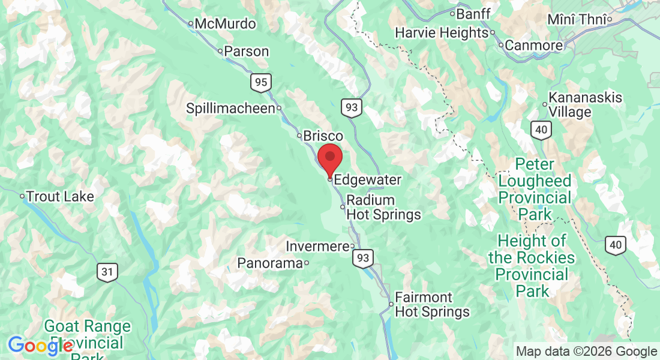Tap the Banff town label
tap(473, 13)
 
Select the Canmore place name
tap(533, 45)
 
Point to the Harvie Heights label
tap(441, 32)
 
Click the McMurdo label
tap(225, 24)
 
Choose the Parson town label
tap(247, 52)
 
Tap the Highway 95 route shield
tap(261, 82)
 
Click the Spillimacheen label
tap(230, 109)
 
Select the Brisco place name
tap(323, 136)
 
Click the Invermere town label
tap(317, 246)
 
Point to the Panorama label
tap(270, 263)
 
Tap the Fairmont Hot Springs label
tap(432, 305)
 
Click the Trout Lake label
tap(61, 196)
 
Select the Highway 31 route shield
tap(107, 272)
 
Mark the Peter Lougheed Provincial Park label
tap(535, 189)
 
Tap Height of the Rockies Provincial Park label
tap(532, 266)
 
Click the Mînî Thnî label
tap(577, 20)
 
